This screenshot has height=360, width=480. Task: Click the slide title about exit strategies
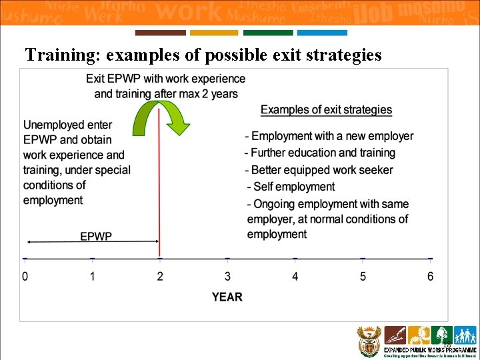(203, 55)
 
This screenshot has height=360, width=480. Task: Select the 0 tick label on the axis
(25, 277)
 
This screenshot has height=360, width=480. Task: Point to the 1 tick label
(93, 277)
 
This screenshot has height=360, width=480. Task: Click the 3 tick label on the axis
(227, 277)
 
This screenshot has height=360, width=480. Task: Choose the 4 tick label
(295, 277)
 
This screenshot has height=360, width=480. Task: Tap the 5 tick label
(363, 277)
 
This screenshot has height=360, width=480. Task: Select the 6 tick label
(431, 277)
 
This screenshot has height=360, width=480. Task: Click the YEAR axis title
(227, 297)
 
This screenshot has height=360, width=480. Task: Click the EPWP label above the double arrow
(96, 236)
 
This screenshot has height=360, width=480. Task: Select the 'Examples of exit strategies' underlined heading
(326, 110)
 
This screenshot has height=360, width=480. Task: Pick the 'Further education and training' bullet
(319, 153)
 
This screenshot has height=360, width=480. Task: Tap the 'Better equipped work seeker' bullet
(319, 170)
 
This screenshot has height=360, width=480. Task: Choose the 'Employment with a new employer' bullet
(329, 136)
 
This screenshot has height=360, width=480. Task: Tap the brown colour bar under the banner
(160, 33)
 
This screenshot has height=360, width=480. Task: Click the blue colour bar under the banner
(322, 33)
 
